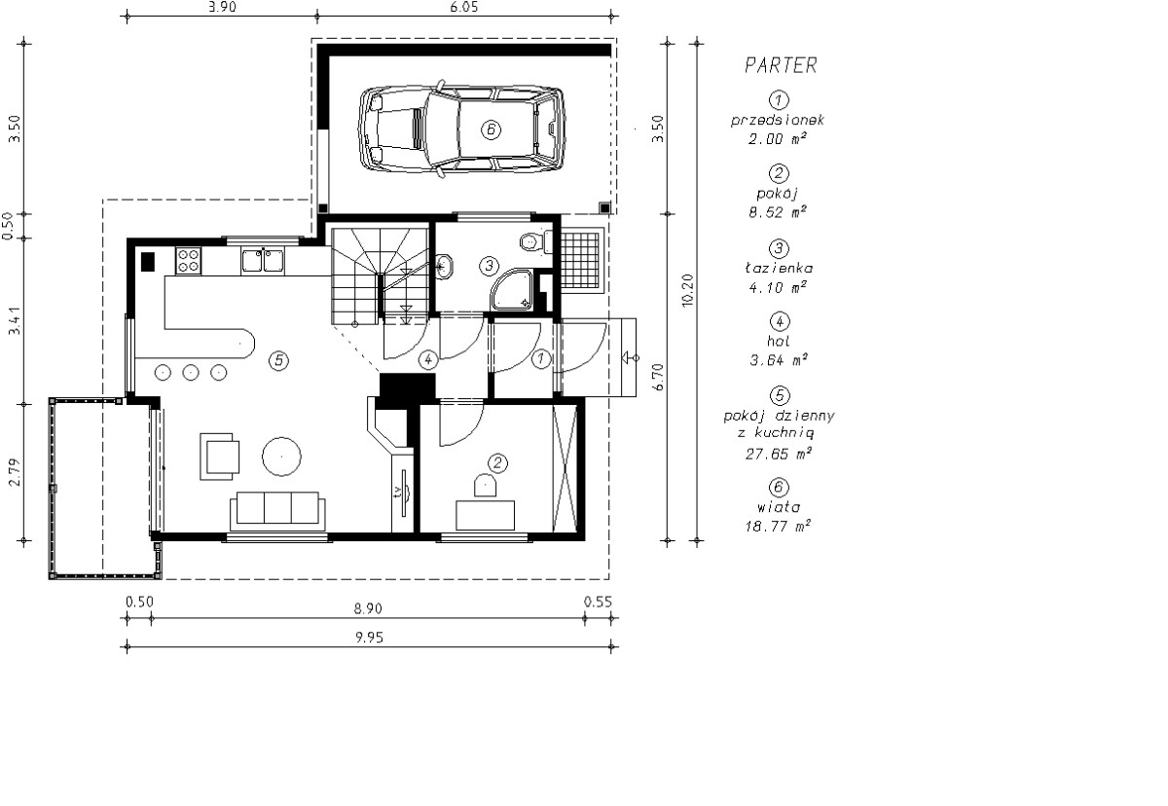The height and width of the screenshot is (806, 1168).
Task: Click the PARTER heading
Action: tap(781, 65)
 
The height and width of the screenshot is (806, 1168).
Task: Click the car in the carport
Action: tap(461, 129)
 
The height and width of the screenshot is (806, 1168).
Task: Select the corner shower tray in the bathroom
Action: tap(512, 290)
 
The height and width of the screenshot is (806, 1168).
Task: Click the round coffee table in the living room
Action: tap(281, 457)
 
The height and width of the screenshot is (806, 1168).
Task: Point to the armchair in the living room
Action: tap(220, 457)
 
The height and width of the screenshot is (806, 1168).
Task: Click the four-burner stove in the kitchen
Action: tap(188, 261)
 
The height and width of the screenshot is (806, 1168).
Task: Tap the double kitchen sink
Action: tap(263, 260)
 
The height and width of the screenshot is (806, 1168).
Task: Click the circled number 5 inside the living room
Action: tap(279, 360)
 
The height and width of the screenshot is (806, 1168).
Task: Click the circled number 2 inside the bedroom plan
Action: tap(497, 463)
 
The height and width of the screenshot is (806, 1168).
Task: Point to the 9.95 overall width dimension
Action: tap(369, 637)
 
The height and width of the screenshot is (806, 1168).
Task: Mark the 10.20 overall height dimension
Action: tap(687, 290)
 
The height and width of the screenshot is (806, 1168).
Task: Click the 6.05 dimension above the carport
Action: tap(463, 7)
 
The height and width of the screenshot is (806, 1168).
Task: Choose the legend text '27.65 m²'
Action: tap(778, 454)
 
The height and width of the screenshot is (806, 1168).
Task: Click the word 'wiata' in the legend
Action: tap(778, 507)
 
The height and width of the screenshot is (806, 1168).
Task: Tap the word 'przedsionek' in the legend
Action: tap(778, 121)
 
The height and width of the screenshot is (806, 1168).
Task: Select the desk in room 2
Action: tap(485, 516)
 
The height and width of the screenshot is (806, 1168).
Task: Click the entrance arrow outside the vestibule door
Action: tap(631, 357)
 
